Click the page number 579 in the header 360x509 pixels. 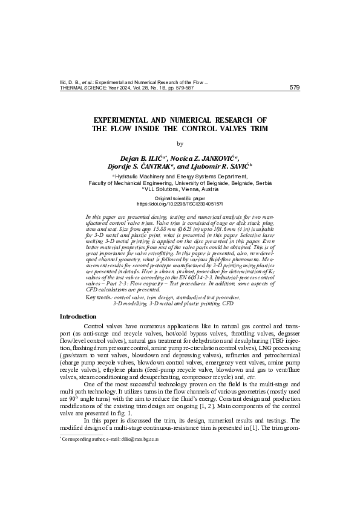(295, 87)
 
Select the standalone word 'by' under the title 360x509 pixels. (179, 144)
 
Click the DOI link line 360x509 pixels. (180, 204)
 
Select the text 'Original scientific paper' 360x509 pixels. (180, 198)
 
